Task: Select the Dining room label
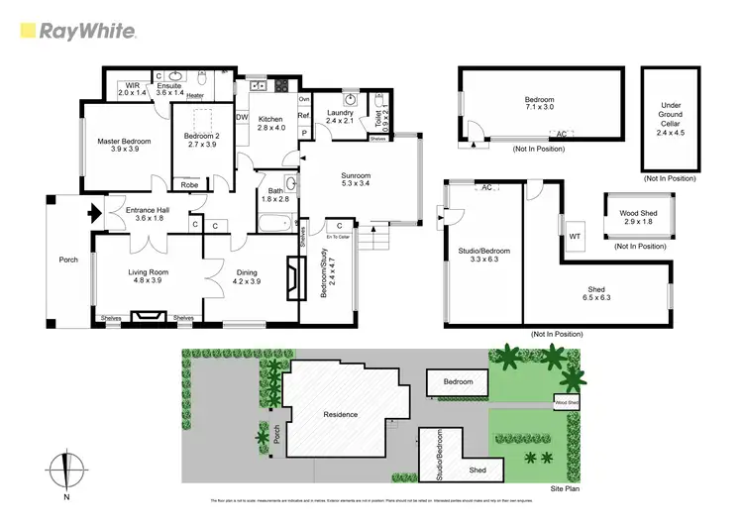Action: [x=247, y=277]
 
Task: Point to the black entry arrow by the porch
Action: [x=95, y=211]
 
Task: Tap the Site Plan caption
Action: [x=566, y=488]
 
